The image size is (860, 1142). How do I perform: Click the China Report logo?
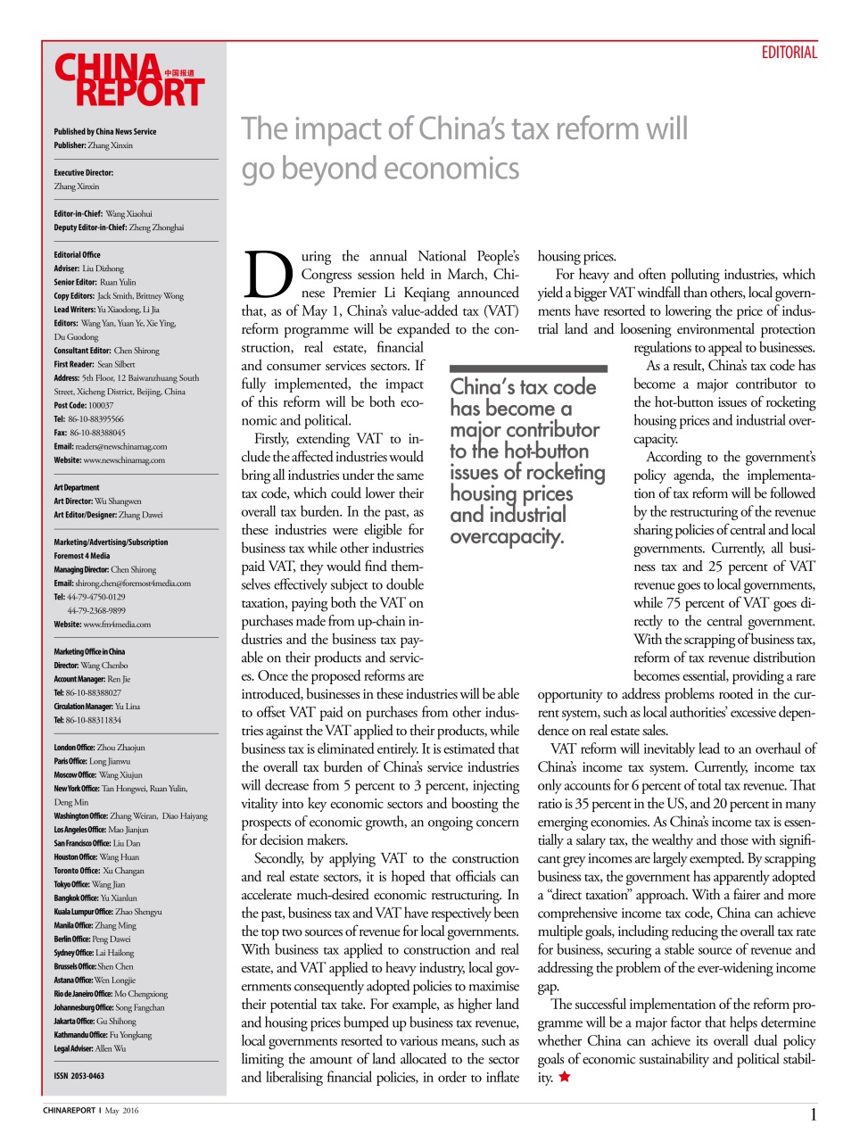[x=128, y=81]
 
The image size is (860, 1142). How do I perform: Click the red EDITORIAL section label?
[x=789, y=53]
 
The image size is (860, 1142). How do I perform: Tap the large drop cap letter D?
[x=268, y=275]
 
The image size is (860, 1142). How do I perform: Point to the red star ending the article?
[x=564, y=1077]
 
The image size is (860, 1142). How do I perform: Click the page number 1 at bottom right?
[x=813, y=1114]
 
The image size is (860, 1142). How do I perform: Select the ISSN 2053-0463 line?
[x=79, y=1076]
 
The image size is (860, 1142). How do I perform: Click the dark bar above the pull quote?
[x=528, y=368]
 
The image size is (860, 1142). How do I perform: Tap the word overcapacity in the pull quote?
[x=506, y=537]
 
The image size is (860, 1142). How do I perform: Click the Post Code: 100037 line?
[x=83, y=405]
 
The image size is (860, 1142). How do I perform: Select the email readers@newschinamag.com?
[x=110, y=446]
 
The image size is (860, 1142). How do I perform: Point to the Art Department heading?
[x=77, y=487]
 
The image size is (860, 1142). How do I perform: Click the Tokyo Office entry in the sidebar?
[x=89, y=884]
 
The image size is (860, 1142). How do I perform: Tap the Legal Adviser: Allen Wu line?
[x=89, y=1048]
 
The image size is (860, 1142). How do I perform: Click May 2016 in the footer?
[x=122, y=1111]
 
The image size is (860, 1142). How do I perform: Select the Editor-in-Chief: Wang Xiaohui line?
[x=103, y=214]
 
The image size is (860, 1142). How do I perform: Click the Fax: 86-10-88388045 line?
[x=89, y=433]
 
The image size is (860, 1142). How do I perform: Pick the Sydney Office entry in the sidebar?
[x=94, y=953]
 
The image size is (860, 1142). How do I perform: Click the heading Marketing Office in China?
[x=89, y=651]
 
